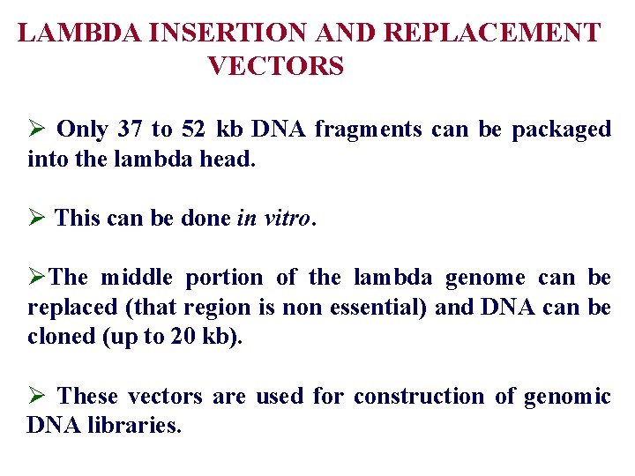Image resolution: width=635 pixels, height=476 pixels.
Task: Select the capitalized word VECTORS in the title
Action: [x=276, y=65]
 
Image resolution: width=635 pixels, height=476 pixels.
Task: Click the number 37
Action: [x=130, y=130]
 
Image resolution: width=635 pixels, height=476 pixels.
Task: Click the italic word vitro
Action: [x=288, y=218]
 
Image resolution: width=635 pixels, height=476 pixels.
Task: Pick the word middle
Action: [x=138, y=278]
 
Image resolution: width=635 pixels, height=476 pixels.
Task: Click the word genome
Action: [x=484, y=278]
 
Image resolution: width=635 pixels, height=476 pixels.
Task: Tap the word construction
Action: [x=419, y=397]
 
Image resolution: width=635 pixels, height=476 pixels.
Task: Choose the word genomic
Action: [x=567, y=397]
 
